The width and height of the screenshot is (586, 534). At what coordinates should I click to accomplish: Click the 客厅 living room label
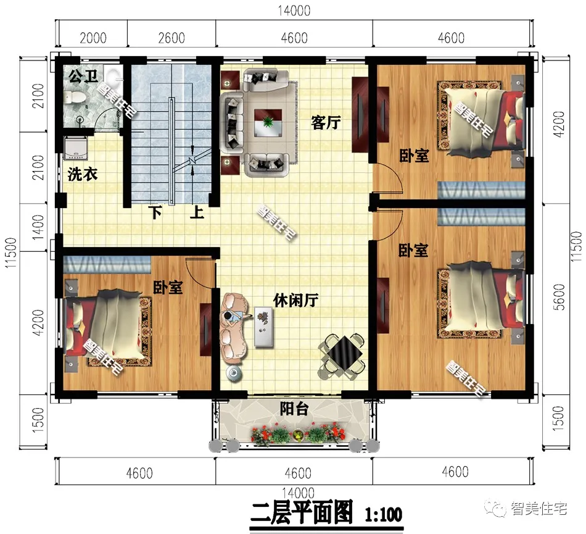pyautogui.click(x=326, y=123)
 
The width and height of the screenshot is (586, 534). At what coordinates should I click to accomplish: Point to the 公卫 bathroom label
pyautogui.click(x=83, y=77)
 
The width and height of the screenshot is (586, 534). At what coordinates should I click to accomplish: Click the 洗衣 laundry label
pyautogui.click(x=83, y=175)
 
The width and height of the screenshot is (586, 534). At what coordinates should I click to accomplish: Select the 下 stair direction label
pyautogui.click(x=155, y=214)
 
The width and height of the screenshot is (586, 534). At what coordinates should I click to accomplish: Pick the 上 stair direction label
pyautogui.click(x=197, y=214)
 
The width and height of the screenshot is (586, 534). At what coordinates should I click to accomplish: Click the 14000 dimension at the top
pyautogui.click(x=293, y=10)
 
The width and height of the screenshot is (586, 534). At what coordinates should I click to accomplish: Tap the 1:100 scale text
pyautogui.click(x=383, y=514)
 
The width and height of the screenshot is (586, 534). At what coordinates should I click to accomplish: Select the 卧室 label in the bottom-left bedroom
pyautogui.click(x=168, y=286)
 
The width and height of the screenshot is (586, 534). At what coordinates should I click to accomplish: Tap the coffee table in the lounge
pyautogui.click(x=265, y=326)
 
